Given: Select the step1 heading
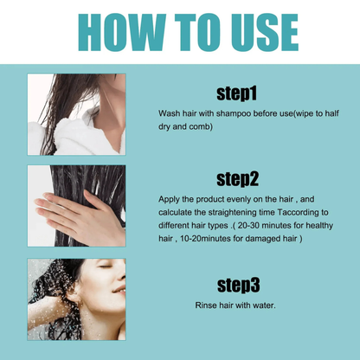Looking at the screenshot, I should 235,93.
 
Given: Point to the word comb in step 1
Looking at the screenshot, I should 201,126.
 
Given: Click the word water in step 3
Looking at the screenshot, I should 261,305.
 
